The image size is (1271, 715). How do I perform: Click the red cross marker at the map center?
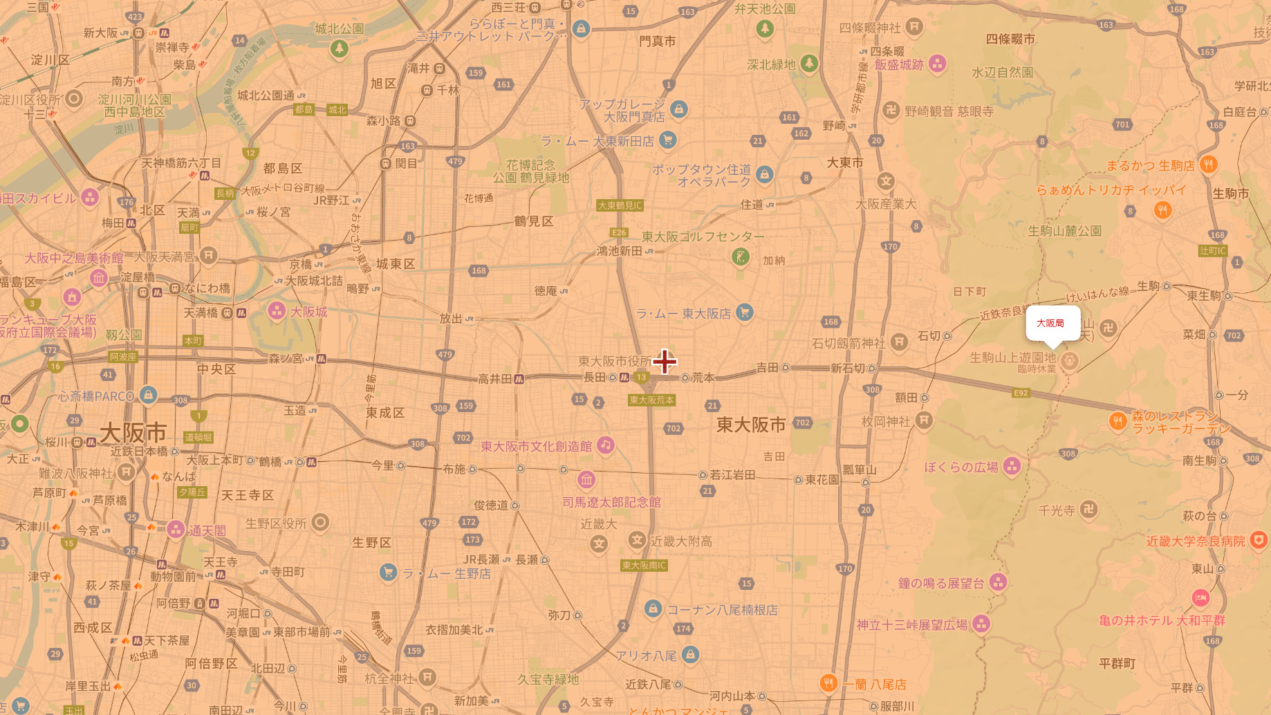point(665,361)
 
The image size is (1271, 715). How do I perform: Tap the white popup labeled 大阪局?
point(1052,323)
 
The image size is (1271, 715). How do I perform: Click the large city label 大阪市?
point(133,434)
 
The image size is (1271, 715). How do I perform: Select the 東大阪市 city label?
point(750,425)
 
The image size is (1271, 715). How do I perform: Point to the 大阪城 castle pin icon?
point(277,311)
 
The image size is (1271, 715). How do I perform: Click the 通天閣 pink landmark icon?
point(176,530)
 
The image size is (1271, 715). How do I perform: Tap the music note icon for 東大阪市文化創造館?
point(606,445)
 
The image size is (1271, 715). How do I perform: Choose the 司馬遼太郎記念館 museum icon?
point(586,479)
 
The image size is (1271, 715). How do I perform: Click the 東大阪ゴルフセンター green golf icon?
point(740,257)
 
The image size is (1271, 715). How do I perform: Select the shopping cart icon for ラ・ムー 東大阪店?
point(744,313)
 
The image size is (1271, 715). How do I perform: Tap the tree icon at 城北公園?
point(339,48)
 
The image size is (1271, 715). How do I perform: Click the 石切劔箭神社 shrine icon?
point(899,342)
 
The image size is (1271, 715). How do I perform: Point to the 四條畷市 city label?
point(1010,39)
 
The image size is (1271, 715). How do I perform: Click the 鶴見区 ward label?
point(533,221)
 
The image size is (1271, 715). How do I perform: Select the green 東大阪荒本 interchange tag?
point(651,400)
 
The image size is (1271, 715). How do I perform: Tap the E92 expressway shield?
point(1021,393)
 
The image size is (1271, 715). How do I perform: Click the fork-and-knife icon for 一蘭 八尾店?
point(828,683)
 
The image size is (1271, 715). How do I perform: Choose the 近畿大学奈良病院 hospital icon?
point(1259,540)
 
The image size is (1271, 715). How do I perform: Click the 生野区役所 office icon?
point(320,523)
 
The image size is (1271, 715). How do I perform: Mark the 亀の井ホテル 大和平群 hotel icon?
point(1200,597)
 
